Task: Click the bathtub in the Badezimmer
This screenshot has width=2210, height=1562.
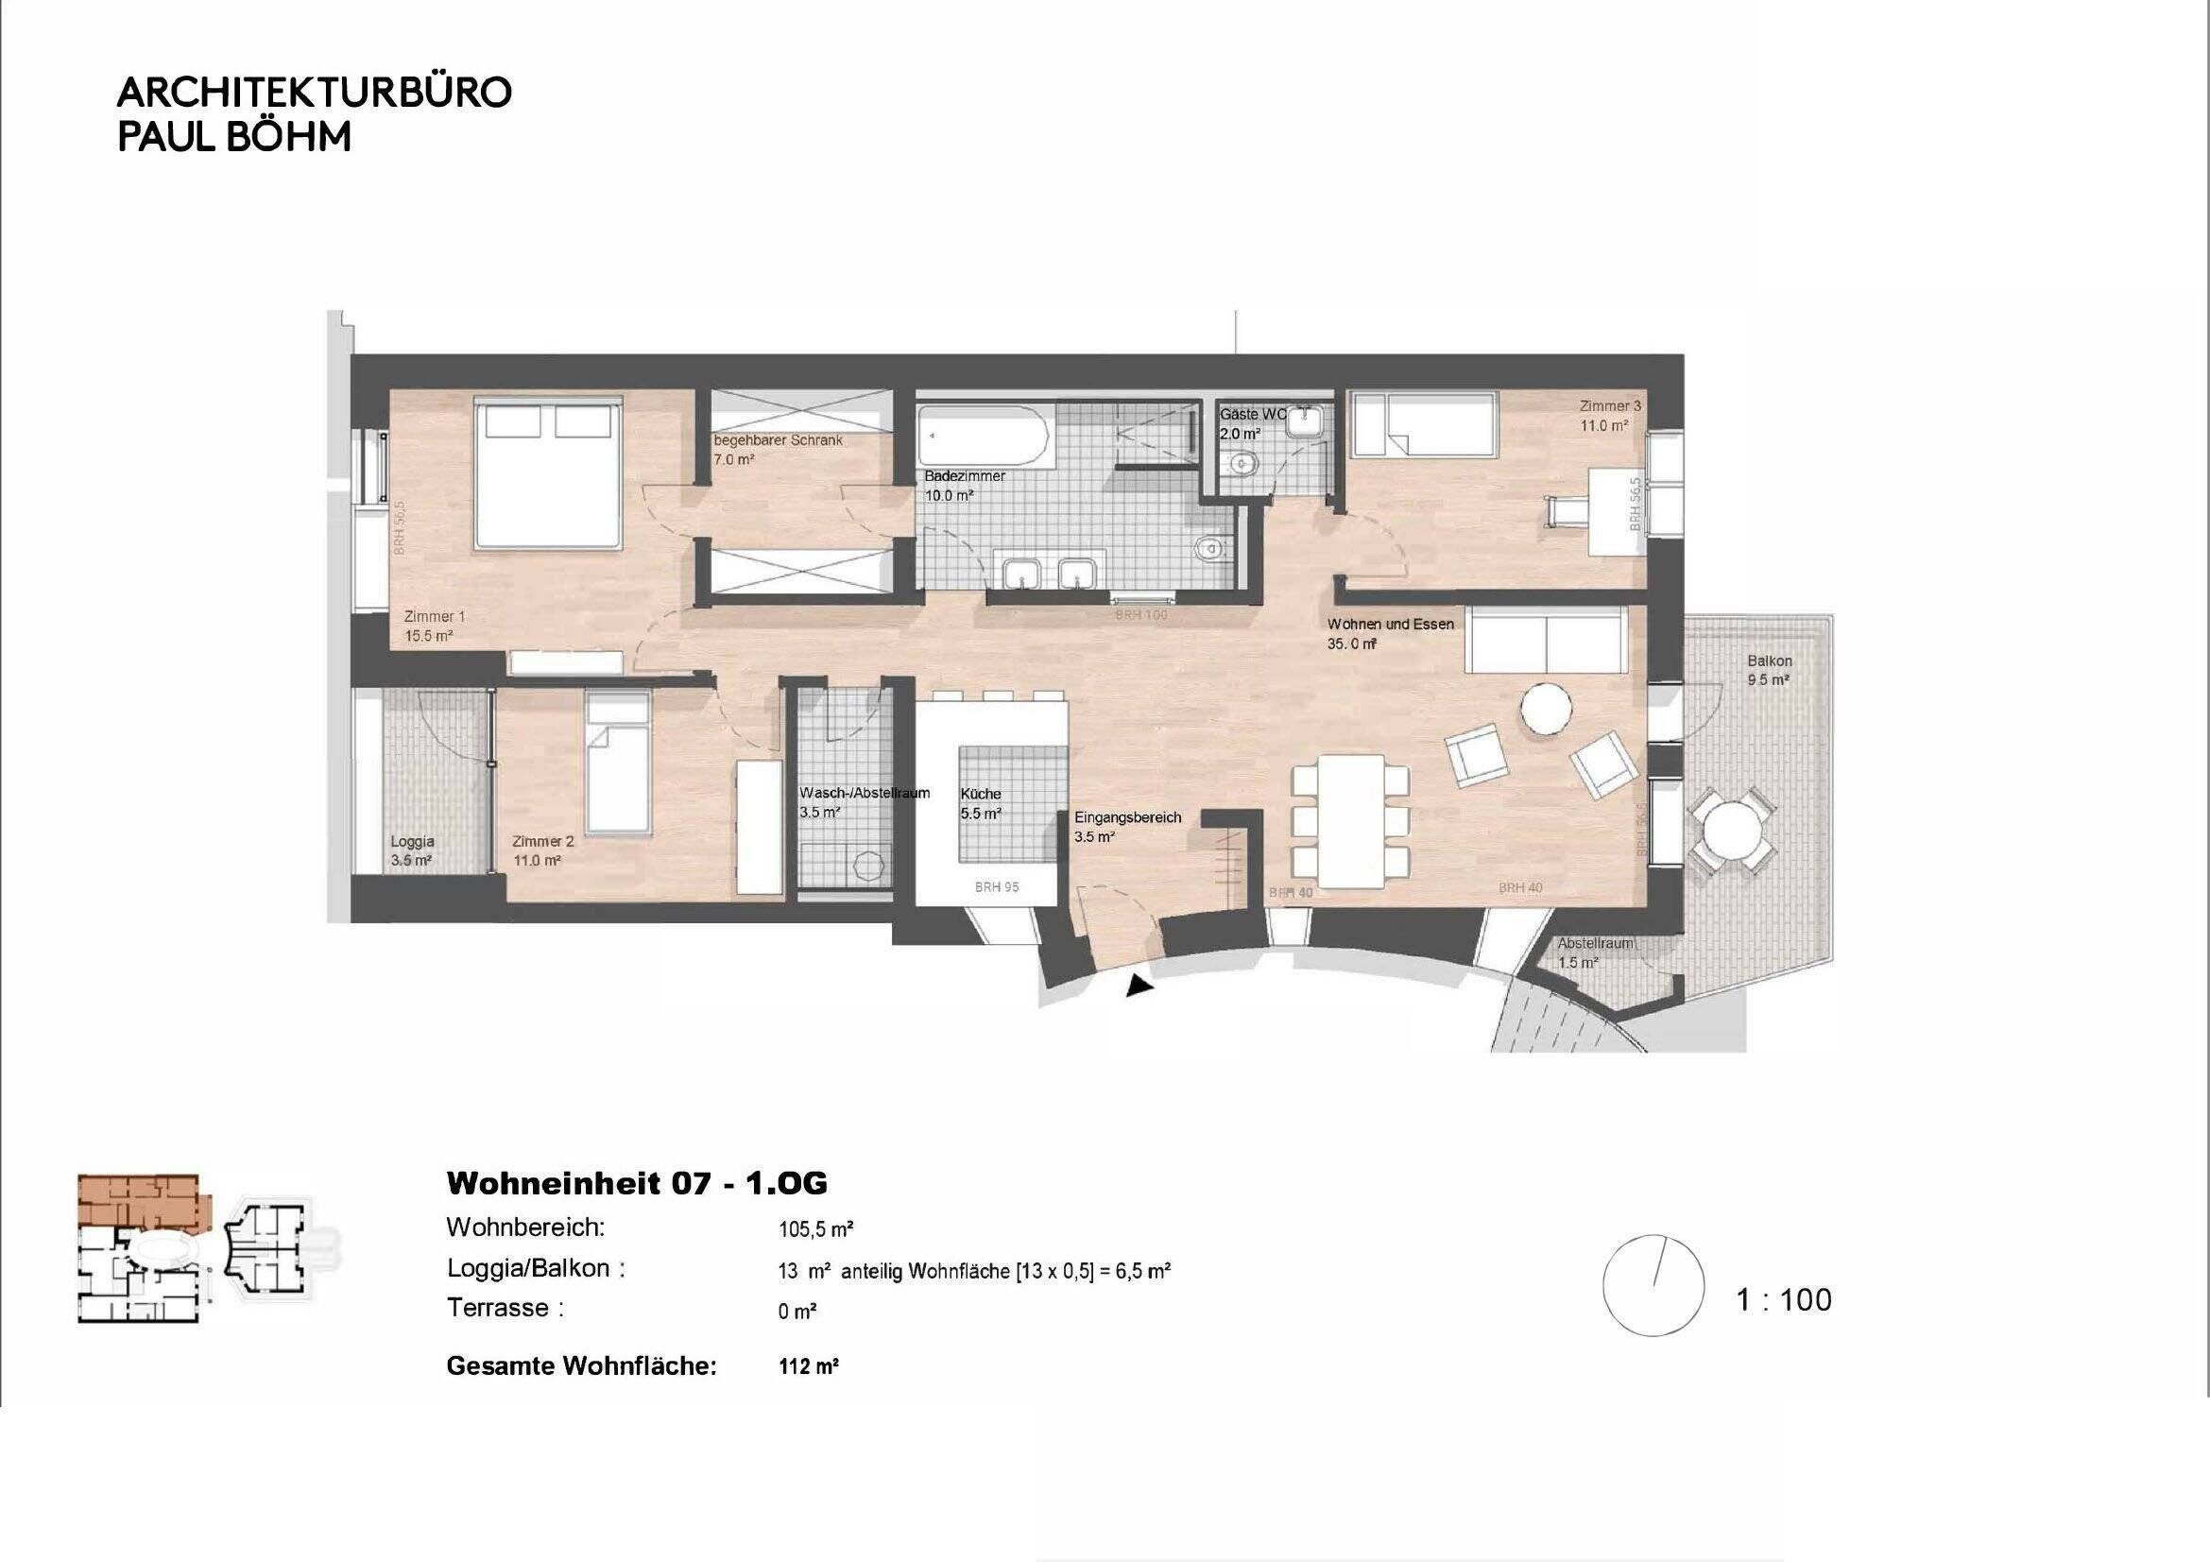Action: [983, 436]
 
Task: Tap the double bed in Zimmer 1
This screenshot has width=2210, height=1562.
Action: [547, 476]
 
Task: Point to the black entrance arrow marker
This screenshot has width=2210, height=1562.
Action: [1139, 986]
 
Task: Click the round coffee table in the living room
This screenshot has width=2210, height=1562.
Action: [1546, 710]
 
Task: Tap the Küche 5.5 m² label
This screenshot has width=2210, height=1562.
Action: [981, 803]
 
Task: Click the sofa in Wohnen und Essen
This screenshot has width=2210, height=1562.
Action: [1546, 639]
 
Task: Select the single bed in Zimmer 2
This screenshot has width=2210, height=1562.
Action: [617, 764]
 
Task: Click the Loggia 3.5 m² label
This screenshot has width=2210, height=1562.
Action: [412, 850]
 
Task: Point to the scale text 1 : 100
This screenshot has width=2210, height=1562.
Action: [1784, 1300]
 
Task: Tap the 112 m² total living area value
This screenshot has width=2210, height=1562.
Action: [809, 1366]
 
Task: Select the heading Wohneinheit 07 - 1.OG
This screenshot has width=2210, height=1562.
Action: [636, 1183]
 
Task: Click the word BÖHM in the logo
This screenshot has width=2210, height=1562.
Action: [289, 138]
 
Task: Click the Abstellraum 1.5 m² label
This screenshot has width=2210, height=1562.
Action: [1595, 953]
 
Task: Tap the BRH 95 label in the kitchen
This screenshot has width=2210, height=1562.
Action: [996, 887]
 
